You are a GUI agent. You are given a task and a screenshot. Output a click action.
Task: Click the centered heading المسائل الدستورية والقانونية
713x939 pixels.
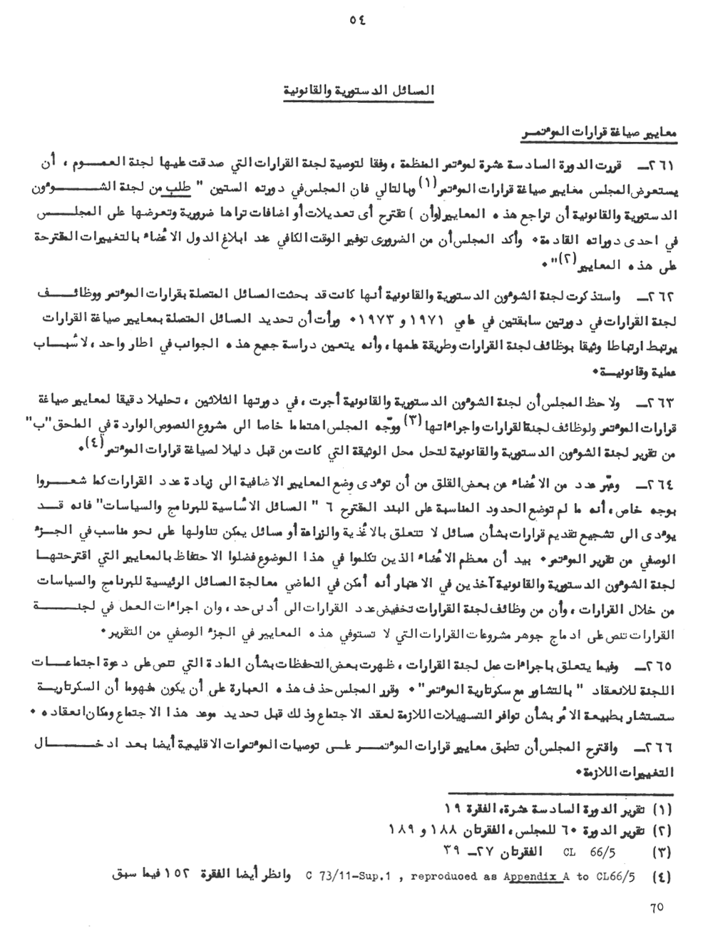(x=354, y=91)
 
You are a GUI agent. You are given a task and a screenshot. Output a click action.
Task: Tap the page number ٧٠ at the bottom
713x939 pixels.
(x=657, y=908)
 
